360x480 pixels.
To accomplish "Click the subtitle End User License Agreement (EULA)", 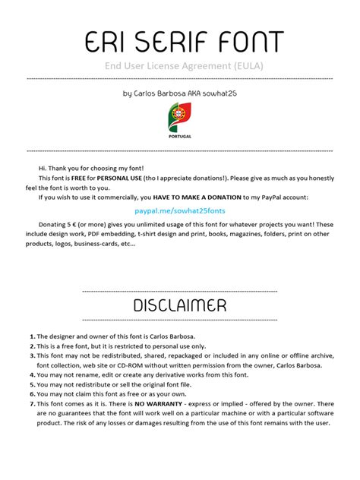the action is [179, 66].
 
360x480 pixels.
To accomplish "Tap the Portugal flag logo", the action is [179, 117].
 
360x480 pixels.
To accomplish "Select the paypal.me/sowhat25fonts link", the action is [180, 209].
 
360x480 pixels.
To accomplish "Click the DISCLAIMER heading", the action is [179, 305].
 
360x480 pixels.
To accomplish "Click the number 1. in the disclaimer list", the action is [33, 336].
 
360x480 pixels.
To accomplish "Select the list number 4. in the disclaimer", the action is [33, 374].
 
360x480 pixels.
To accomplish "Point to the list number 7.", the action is [33, 403].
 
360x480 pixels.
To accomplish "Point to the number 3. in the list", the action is [33, 355].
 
